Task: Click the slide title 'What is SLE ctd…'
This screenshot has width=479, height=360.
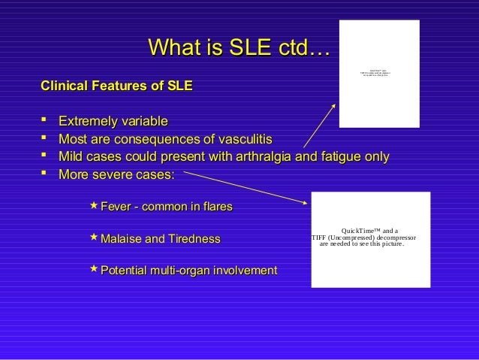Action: coord(239,50)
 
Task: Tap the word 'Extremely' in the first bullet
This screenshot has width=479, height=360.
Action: coord(88,121)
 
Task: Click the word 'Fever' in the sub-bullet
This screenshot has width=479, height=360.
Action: coord(116,207)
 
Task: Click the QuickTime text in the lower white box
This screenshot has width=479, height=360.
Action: coord(364,237)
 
